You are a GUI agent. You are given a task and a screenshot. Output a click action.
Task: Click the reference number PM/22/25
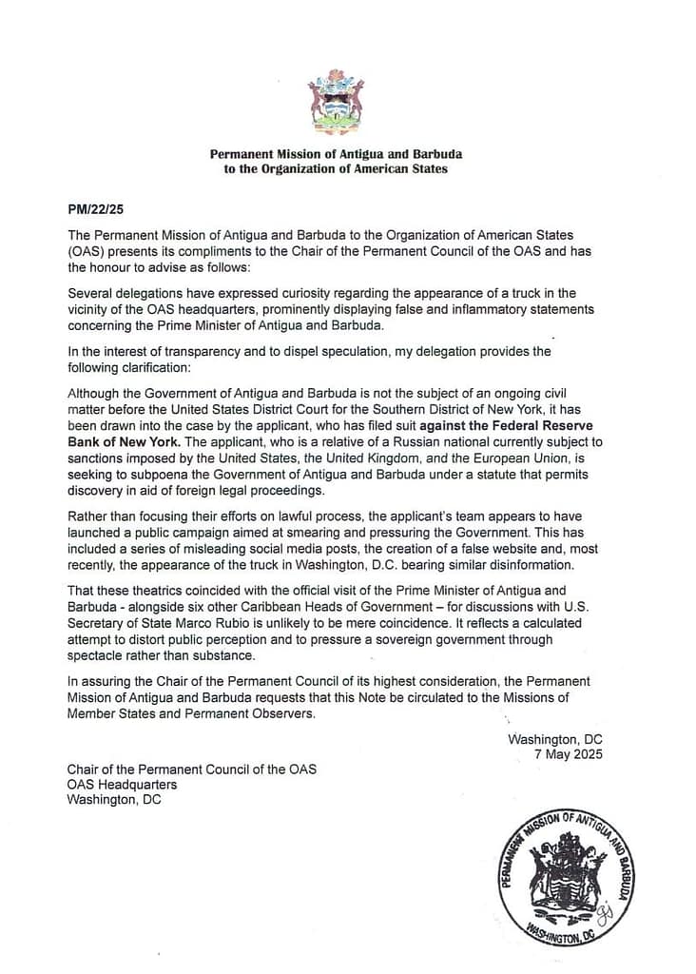pyautogui.click(x=93, y=207)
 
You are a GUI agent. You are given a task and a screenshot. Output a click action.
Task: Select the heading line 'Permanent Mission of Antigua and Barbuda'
pyautogui.click(x=336, y=154)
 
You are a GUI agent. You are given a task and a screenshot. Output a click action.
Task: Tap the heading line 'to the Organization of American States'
pyautogui.click(x=336, y=169)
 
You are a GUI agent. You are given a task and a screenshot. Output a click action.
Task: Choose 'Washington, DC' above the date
pyautogui.click(x=555, y=739)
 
